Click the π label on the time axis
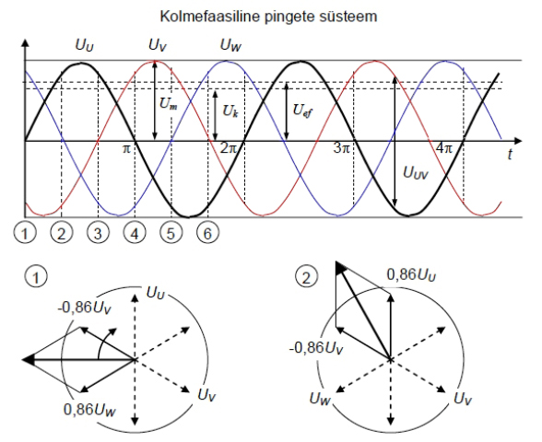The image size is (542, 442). click(126, 149)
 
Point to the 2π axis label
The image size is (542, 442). click(229, 148)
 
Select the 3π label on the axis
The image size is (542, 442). click(341, 148)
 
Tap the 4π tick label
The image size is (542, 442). click(444, 148)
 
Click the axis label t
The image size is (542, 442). click(510, 154)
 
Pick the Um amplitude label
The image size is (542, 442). click(169, 103)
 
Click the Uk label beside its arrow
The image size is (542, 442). click(230, 111)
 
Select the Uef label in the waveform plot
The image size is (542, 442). click(302, 110)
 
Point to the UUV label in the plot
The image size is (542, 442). click(416, 173)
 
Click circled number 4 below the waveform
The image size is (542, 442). click(135, 233)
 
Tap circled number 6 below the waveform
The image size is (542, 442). click(207, 233)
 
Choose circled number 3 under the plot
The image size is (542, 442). click(98, 233)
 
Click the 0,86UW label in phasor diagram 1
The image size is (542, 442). click(89, 410)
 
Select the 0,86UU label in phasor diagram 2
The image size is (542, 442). click(411, 275)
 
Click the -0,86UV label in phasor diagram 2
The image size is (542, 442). click(316, 348)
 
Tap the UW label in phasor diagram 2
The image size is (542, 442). click(320, 399)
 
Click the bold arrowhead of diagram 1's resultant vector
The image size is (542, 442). click(29, 359)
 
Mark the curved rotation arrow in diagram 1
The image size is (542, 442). click(103, 341)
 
